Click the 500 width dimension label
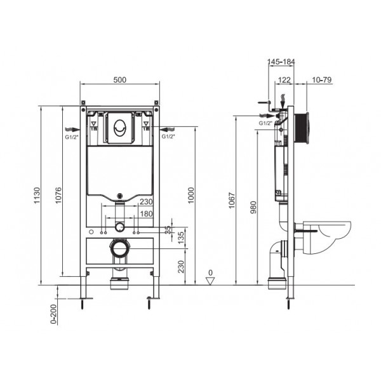click(119, 79)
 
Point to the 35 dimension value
click(167, 229)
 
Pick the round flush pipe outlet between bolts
click(119, 227)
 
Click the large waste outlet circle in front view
click(119, 247)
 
